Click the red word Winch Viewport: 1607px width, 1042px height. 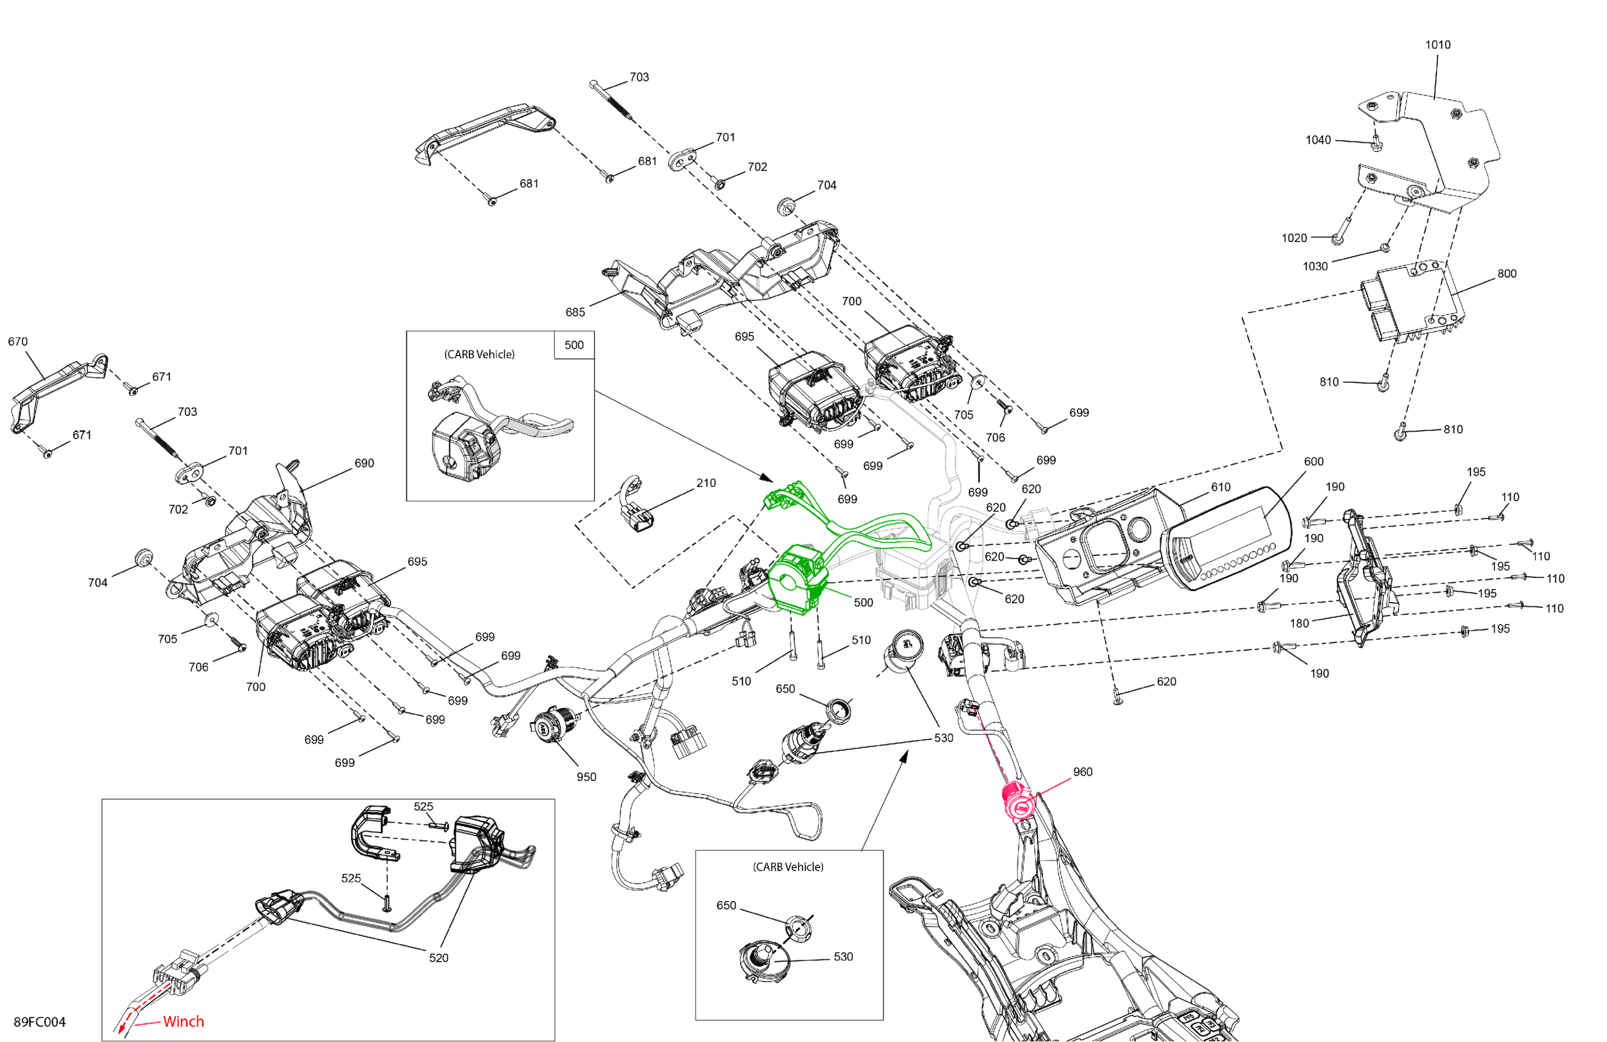[183, 1021]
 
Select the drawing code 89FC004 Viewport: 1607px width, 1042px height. [40, 1022]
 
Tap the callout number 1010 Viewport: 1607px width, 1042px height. [1437, 45]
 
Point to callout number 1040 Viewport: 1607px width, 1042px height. [1318, 140]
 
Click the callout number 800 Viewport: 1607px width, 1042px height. [1507, 273]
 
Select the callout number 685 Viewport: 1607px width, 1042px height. [576, 312]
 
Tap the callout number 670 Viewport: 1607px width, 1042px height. [18, 341]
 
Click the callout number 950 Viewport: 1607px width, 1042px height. [586, 777]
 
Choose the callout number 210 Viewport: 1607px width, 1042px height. [706, 483]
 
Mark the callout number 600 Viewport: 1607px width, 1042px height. [1313, 461]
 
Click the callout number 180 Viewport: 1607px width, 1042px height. [1299, 623]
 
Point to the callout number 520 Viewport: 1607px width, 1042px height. [438, 957]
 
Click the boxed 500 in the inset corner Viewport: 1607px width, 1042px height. [574, 345]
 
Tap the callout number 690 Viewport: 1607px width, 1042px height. [364, 463]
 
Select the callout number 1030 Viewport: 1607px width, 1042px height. [1315, 266]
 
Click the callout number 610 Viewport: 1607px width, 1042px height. [1221, 487]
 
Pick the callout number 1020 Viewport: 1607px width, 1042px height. [1294, 238]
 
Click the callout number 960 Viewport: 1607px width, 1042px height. [1082, 772]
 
